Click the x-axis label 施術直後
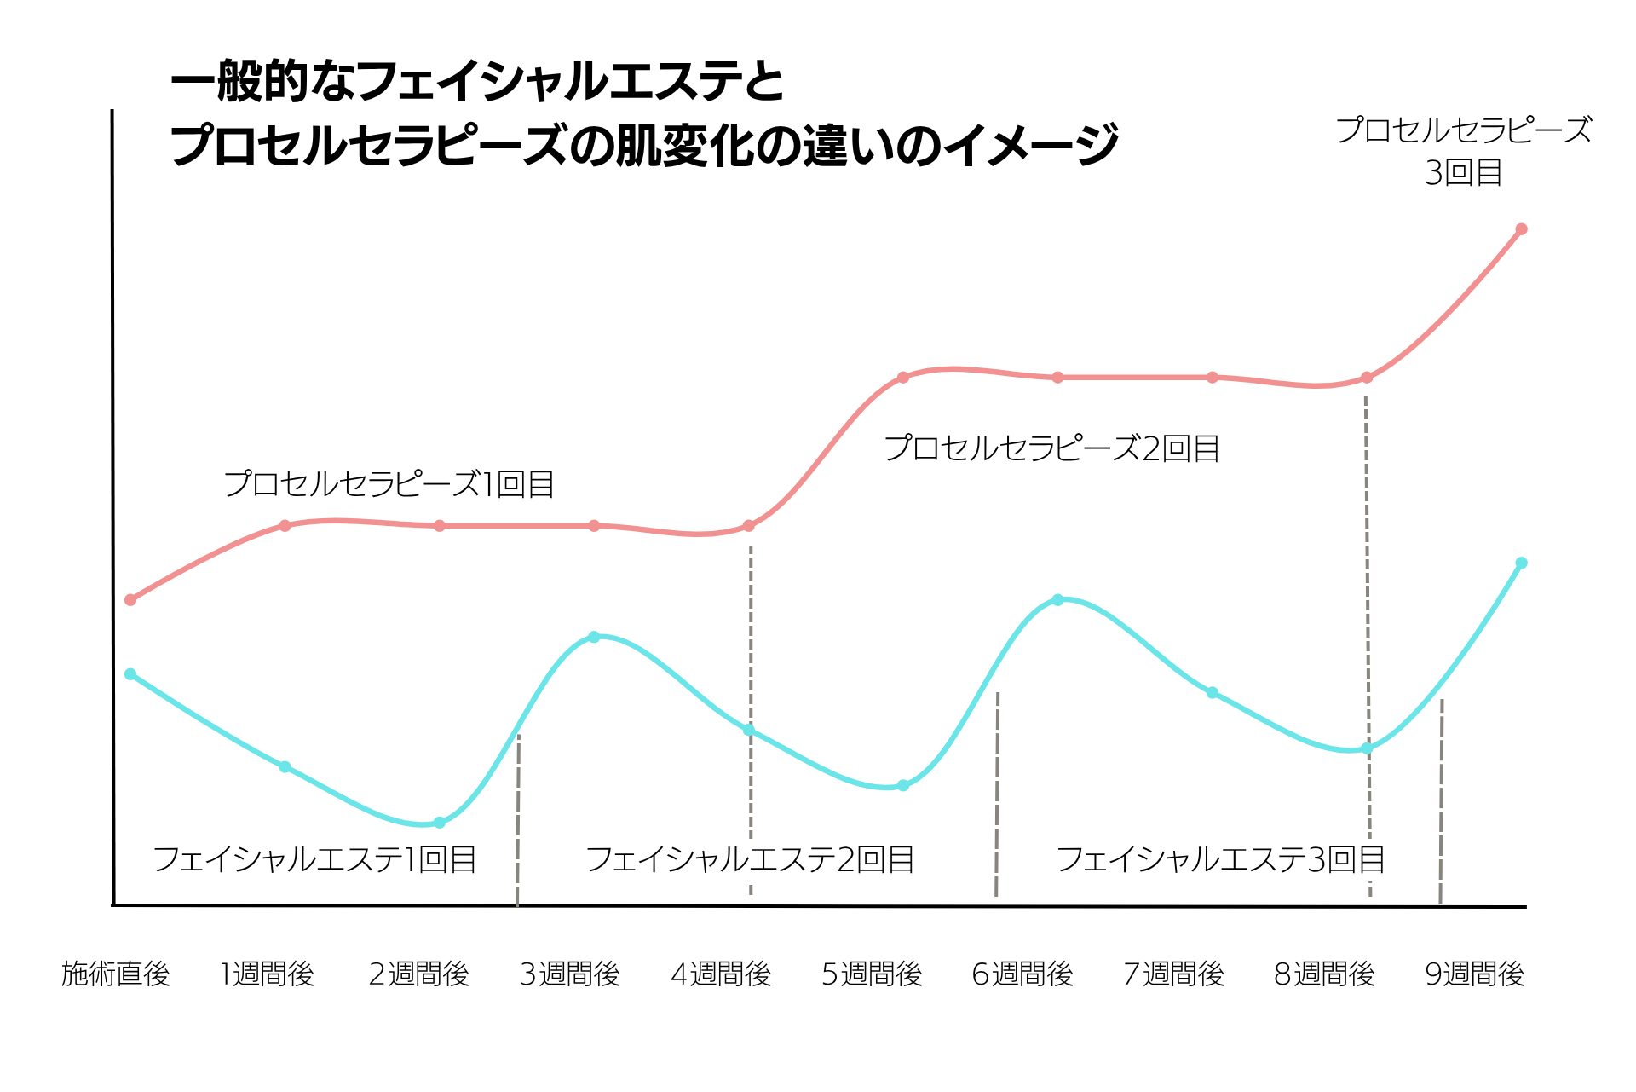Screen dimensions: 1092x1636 (x=116, y=974)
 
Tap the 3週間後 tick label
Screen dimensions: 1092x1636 (x=570, y=974)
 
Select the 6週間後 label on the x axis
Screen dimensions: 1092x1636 (x=1022, y=974)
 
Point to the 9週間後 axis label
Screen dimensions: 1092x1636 (x=1475, y=974)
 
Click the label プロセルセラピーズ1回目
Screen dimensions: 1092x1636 (x=389, y=484)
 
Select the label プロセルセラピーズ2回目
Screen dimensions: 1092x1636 (x=1052, y=448)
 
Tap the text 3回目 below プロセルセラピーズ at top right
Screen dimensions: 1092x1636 (x=1463, y=173)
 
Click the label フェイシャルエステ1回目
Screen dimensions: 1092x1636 (x=314, y=859)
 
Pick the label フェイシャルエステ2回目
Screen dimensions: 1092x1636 (x=750, y=859)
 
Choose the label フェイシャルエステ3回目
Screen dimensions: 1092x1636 (x=1220, y=859)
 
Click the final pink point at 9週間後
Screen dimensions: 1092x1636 (x=1521, y=229)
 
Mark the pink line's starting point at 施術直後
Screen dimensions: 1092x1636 (x=130, y=600)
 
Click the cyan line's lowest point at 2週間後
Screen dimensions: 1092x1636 (x=440, y=823)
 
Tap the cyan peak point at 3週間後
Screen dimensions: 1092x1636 (x=595, y=637)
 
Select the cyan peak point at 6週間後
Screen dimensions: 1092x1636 (x=1057, y=600)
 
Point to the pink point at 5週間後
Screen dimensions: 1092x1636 (x=903, y=377)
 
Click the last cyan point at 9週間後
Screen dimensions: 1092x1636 (x=1521, y=563)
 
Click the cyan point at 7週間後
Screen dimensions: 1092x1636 (x=1213, y=693)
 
